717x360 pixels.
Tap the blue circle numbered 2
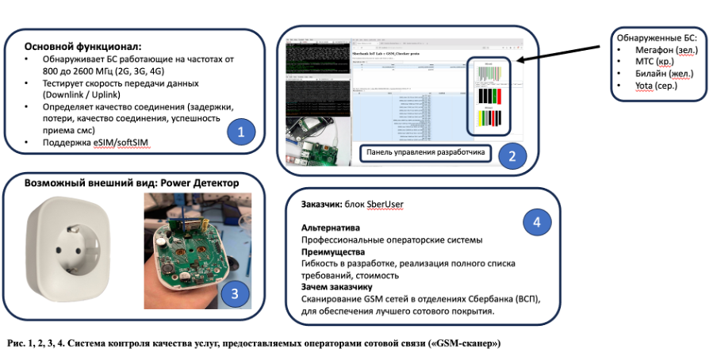pos(513,155)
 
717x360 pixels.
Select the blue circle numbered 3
pos(234,294)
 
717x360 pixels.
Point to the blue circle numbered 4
pos(537,222)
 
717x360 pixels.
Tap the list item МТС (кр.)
pos(645,62)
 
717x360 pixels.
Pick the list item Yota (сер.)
pos(650,86)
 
